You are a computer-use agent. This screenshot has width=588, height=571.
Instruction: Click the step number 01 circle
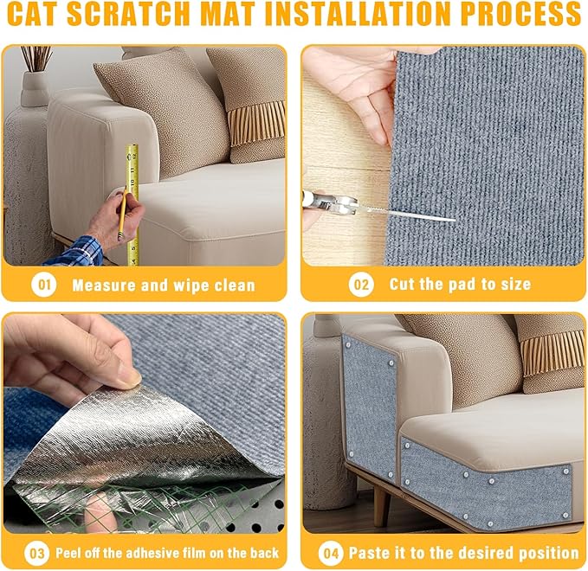[43, 285]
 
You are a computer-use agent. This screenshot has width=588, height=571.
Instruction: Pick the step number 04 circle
[330, 553]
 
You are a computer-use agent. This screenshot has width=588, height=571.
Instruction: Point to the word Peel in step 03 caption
[72, 553]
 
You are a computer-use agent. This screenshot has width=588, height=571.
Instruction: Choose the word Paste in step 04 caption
[371, 553]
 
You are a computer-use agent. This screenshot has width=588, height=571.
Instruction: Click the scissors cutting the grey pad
[333, 204]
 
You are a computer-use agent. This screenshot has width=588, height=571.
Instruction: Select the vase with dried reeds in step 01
[36, 87]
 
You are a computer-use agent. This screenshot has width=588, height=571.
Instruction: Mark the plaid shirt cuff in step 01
[74, 252]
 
